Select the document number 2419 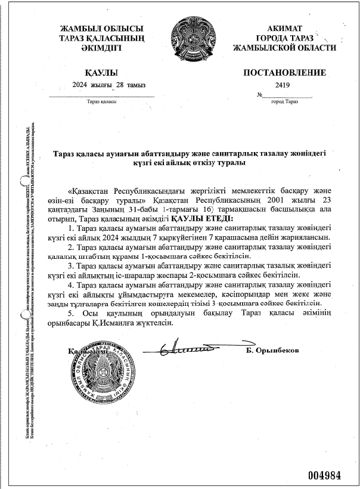click(x=283, y=85)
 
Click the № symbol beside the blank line click(x=259, y=95)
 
